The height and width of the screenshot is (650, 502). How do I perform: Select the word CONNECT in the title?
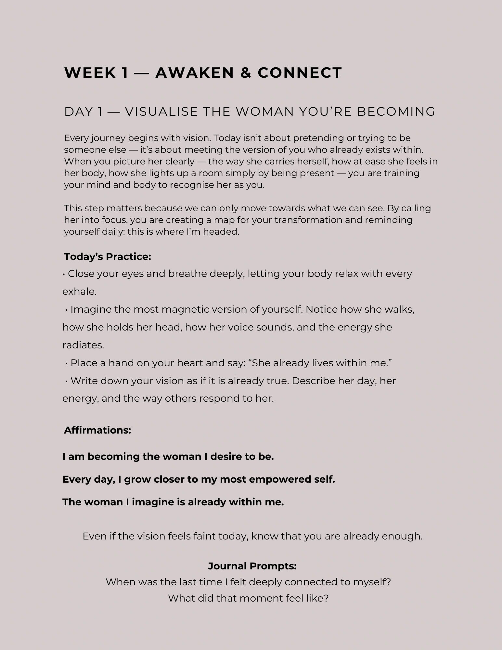(x=300, y=72)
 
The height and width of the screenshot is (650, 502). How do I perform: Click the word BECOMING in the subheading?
(x=396, y=111)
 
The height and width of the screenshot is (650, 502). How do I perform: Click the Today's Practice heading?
(x=108, y=257)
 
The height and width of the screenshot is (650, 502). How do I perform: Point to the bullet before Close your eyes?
(x=64, y=274)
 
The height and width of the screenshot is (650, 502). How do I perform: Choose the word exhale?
(x=79, y=292)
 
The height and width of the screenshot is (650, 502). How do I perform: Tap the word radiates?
(x=83, y=345)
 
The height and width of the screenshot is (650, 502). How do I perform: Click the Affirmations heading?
(x=97, y=430)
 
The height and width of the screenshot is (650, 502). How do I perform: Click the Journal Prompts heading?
(x=252, y=566)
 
